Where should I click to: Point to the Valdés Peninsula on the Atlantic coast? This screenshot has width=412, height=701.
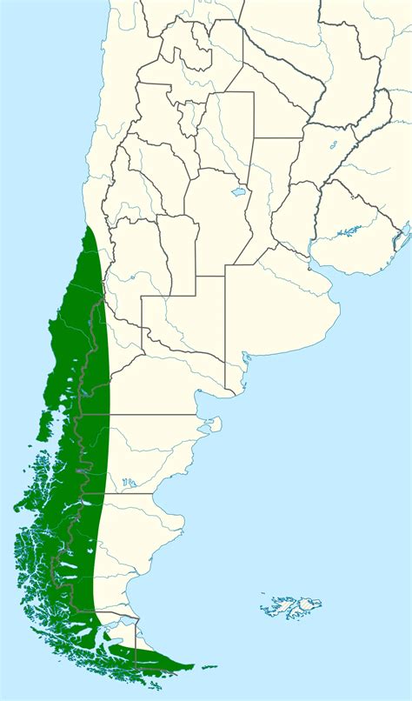click(211, 426)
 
